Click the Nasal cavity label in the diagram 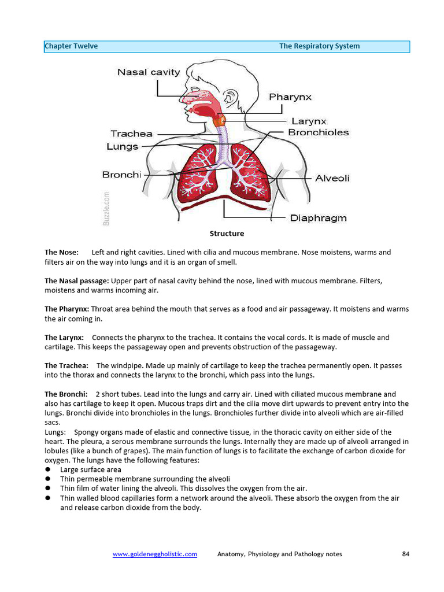149,72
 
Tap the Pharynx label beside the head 290,97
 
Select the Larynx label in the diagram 309,121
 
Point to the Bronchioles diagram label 319,132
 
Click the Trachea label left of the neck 132,134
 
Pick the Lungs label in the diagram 123,146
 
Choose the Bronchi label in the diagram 121,175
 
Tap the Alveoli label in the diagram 332,179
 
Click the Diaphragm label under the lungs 318,218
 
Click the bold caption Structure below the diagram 227,234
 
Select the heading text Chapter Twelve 72,46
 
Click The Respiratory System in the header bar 319,46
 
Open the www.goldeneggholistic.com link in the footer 155,554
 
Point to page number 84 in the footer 405,554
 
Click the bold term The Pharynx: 67,309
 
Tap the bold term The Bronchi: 66,394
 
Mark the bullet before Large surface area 48,470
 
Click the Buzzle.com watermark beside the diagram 107,209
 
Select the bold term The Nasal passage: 77,281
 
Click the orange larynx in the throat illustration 220,121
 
